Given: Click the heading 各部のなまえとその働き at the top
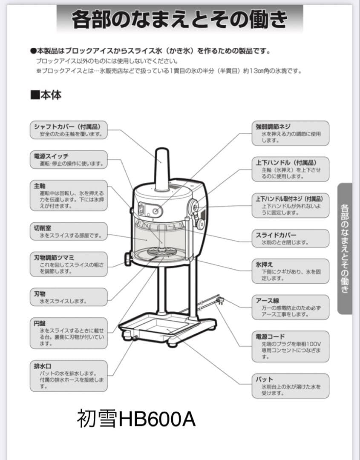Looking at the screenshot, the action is click(179, 19).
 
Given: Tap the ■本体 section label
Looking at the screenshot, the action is click(46, 95).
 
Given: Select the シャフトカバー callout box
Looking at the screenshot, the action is click(69, 130).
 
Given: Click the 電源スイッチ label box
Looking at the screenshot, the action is click(69, 160).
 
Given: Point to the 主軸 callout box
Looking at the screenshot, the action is click(69, 195).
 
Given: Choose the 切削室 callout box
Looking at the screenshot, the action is click(69, 231).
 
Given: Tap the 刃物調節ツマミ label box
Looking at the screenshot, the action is click(69, 264).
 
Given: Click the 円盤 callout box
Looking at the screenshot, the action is click(69, 333).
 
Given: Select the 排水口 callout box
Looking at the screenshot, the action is click(69, 376).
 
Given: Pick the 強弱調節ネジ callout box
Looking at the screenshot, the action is click(291, 133).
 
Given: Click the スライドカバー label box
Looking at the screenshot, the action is click(291, 239).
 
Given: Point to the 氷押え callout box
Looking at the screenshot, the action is click(291, 271).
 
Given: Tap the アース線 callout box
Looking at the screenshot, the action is click(291, 307).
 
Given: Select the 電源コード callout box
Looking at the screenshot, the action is click(291, 346).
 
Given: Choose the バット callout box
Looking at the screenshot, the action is click(291, 386).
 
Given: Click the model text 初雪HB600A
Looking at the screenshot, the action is click(136, 419).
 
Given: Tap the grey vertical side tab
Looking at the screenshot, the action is click(345, 248).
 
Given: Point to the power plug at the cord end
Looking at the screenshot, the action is click(220, 300).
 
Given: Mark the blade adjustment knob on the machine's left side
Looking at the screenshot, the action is click(128, 259).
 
